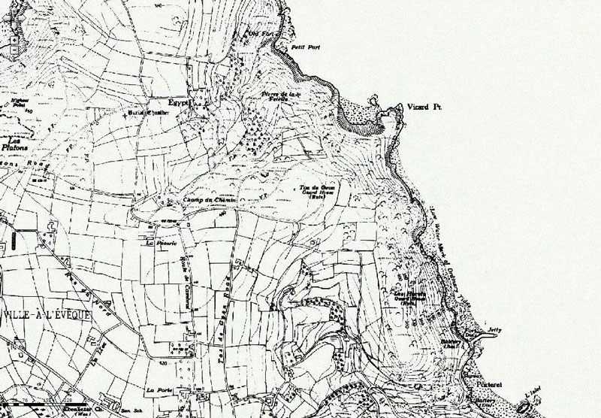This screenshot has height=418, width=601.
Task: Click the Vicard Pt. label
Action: (423, 109)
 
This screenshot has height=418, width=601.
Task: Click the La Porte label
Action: (159, 389)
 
